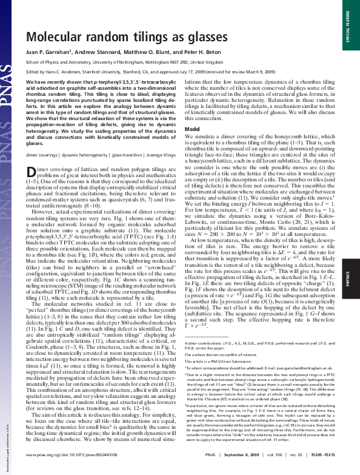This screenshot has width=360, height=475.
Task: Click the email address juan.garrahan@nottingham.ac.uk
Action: (x=293, y=385)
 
